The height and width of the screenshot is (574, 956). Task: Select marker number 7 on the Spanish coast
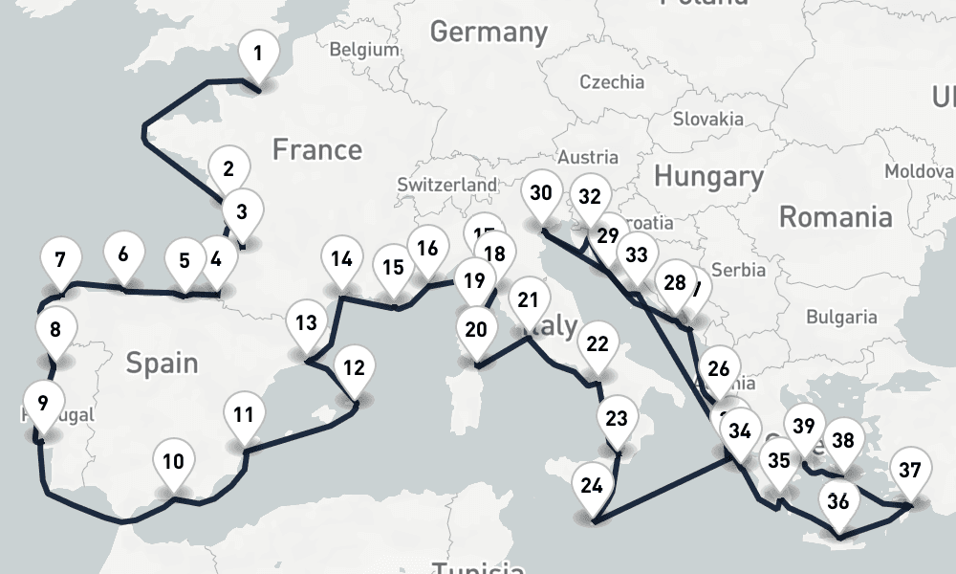point(60,260)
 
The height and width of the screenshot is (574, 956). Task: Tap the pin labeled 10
point(173,463)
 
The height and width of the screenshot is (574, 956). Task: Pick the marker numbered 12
point(354,368)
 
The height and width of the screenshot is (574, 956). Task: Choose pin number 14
point(341,259)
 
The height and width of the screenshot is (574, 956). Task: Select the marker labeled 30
point(541,194)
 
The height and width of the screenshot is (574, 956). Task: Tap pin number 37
point(910,471)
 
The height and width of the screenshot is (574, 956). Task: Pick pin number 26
point(719,369)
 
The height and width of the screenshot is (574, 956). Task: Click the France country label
point(316,150)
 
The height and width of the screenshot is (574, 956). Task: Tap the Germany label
point(489,32)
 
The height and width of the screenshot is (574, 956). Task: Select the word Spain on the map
point(163,363)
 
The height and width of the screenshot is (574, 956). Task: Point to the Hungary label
point(708,176)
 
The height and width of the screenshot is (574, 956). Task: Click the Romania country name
point(836,216)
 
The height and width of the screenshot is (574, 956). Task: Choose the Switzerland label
point(447,184)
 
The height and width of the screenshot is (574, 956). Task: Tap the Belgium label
point(363,50)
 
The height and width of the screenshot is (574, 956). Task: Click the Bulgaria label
point(841,317)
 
